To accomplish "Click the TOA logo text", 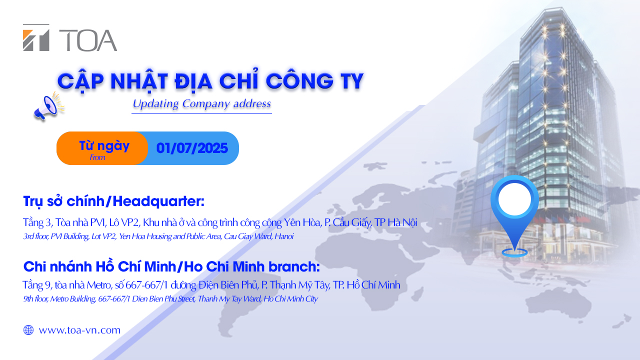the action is [x=88, y=40].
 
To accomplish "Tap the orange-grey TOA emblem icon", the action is [x=36, y=37].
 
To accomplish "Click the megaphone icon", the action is [x=48, y=106].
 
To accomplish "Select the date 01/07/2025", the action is [x=192, y=148].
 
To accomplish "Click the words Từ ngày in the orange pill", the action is [x=104, y=146].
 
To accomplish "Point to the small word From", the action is [x=97, y=157].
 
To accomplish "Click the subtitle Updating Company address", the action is [x=201, y=103].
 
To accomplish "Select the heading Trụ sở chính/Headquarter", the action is [x=113, y=201].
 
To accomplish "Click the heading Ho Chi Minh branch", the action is [x=251, y=267].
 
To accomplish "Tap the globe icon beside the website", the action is [x=28, y=330].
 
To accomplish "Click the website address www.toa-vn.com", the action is [x=79, y=330].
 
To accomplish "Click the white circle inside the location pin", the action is [x=514, y=199].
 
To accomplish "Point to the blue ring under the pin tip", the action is [x=514, y=252].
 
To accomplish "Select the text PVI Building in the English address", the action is [x=69, y=236].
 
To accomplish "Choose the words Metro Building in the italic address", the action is [x=73, y=299].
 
